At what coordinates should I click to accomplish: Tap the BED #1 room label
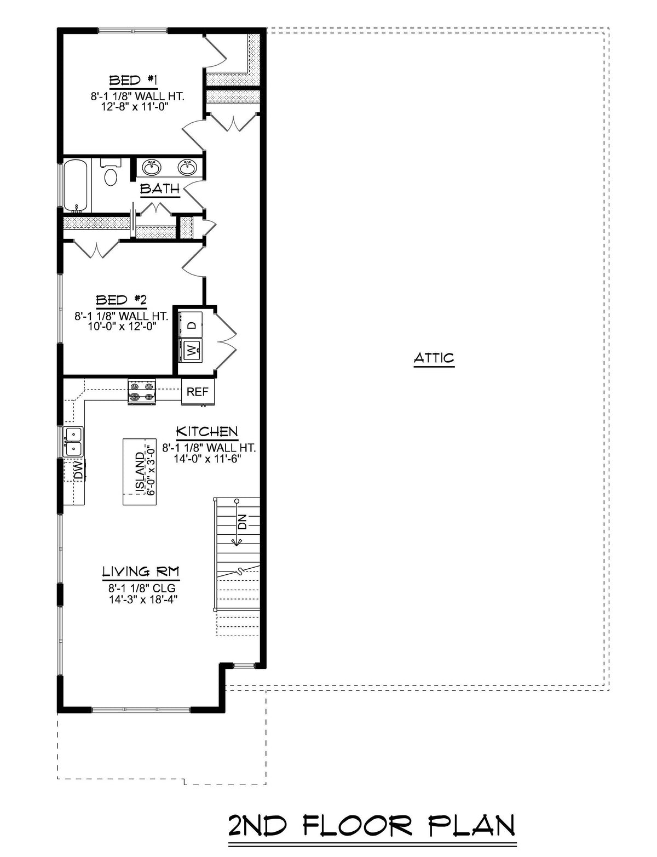(x=134, y=81)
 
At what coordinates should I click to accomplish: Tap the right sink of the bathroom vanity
(x=187, y=168)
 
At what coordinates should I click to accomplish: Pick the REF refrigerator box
(x=198, y=392)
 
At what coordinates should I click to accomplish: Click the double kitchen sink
(x=73, y=442)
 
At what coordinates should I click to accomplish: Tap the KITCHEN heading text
(x=206, y=431)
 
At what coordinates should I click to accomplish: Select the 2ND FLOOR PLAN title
(x=371, y=826)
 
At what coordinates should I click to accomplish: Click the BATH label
(x=159, y=189)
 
